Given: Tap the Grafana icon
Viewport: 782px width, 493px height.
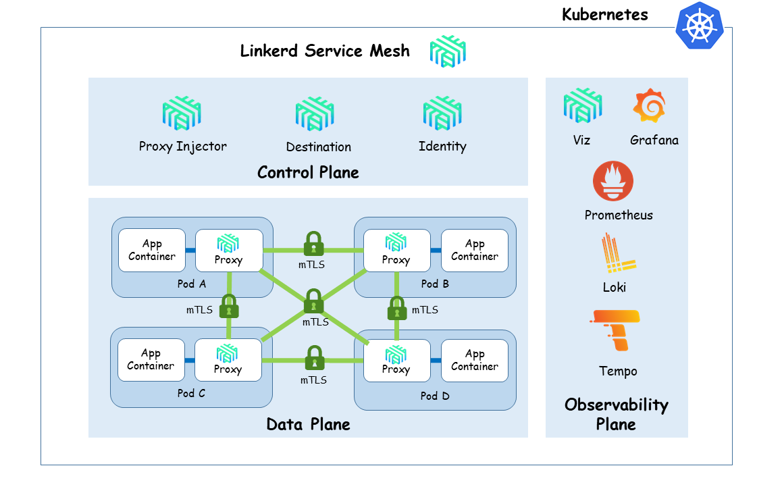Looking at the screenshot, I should (x=650, y=107).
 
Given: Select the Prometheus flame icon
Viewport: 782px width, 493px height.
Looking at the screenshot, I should (x=613, y=181).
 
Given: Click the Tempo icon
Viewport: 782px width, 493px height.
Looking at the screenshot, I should (x=615, y=330).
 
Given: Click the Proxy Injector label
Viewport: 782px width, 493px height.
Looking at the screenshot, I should (x=182, y=147).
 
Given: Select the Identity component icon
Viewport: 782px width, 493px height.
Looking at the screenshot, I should (x=442, y=113).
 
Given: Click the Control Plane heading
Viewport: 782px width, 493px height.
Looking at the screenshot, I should (x=308, y=172).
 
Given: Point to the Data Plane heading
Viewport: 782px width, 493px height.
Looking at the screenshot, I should (x=308, y=424).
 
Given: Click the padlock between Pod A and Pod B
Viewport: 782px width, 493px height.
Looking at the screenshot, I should (x=313, y=244).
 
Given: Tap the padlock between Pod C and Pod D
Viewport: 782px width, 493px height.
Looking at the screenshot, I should (x=313, y=359).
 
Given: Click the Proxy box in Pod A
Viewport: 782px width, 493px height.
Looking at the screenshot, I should (x=229, y=251).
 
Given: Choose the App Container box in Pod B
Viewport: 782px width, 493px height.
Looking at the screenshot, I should (x=474, y=251).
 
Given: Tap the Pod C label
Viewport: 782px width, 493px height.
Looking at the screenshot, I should (x=191, y=393).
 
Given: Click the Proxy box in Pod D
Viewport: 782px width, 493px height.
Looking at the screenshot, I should (x=396, y=361).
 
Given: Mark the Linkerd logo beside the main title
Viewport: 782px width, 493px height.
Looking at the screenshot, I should (x=448, y=51).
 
